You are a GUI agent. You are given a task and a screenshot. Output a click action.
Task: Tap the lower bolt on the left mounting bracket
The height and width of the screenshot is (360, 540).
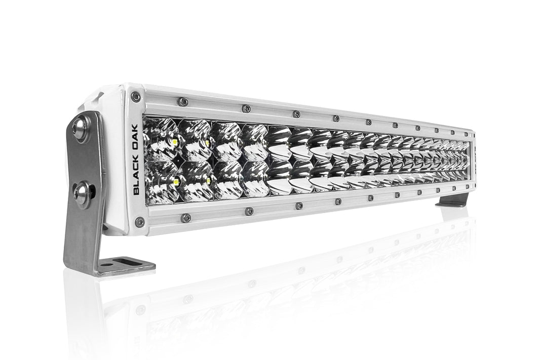(x=82, y=192)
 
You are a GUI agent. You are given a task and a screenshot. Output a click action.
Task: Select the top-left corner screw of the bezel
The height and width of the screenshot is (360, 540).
(x=135, y=96)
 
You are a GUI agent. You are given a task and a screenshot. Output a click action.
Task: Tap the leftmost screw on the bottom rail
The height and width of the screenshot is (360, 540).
(x=186, y=217)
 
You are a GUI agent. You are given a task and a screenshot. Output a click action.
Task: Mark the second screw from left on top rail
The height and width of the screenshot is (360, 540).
(x=246, y=108)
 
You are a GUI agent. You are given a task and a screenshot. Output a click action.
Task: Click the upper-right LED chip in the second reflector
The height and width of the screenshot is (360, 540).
(x=207, y=143)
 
